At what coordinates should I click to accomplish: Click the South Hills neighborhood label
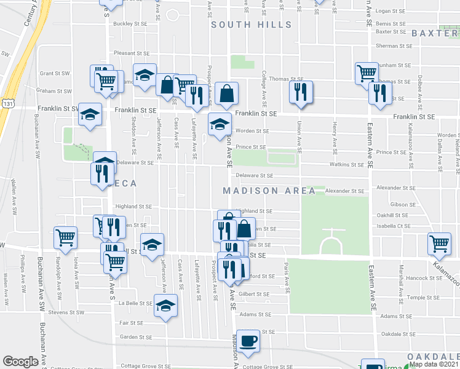tap(251, 25)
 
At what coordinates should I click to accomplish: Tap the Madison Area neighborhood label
tap(269, 191)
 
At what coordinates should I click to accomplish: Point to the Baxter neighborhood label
tap(435, 33)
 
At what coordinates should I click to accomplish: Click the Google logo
tap(20, 362)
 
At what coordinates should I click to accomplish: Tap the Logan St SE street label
tap(392, 11)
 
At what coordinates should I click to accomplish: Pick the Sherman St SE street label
tap(394, 46)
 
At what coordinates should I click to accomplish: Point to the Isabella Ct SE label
tap(394, 226)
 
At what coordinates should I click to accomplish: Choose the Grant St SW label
tap(55, 73)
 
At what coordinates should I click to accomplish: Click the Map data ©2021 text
tap(434, 364)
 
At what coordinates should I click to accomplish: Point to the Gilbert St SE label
tap(255, 295)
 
